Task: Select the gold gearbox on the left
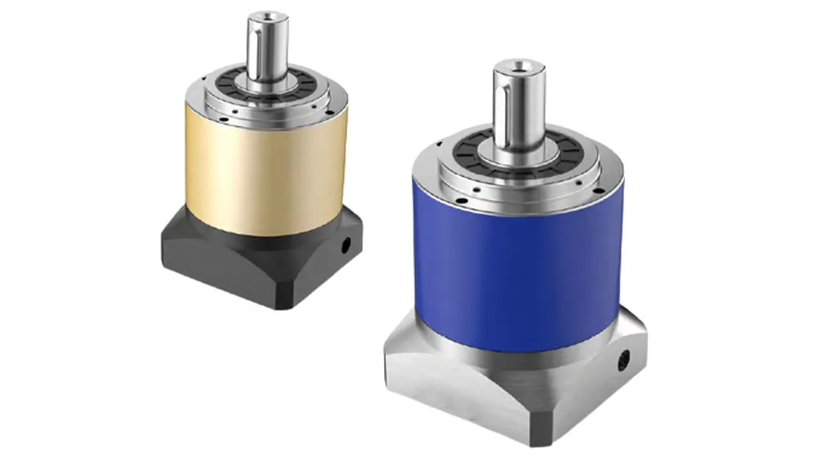[261, 163]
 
